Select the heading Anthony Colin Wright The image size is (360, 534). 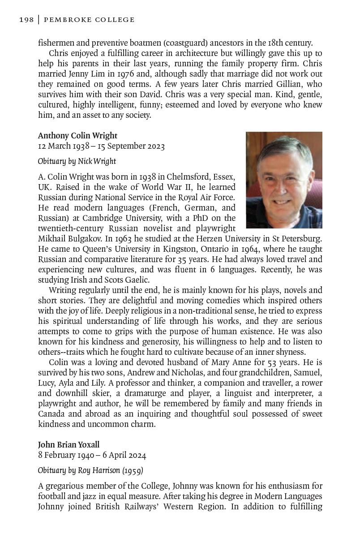[x=77, y=136]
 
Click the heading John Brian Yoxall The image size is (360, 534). [x=69, y=445]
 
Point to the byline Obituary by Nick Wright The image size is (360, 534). [x=77, y=161]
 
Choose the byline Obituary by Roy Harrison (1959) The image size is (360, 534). [x=90, y=470]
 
